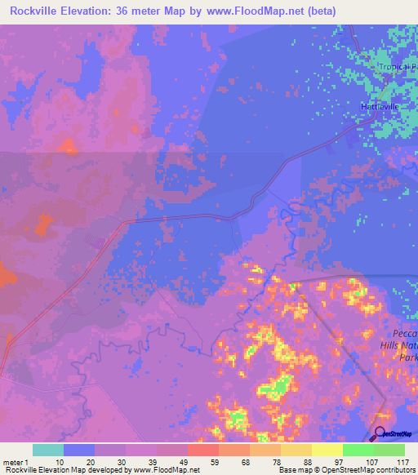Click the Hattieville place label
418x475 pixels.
point(379,106)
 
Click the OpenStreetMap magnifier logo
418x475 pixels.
point(379,433)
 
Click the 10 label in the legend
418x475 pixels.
point(60,461)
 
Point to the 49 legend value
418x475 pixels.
point(184,461)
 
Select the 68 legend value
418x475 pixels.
point(246,461)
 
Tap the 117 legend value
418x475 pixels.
point(401,461)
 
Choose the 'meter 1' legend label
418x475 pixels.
point(16,461)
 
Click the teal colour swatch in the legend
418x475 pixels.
point(48,450)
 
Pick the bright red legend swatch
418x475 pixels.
point(203,450)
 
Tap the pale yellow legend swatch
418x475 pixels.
point(327,450)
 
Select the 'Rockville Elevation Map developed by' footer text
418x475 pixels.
point(65,470)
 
